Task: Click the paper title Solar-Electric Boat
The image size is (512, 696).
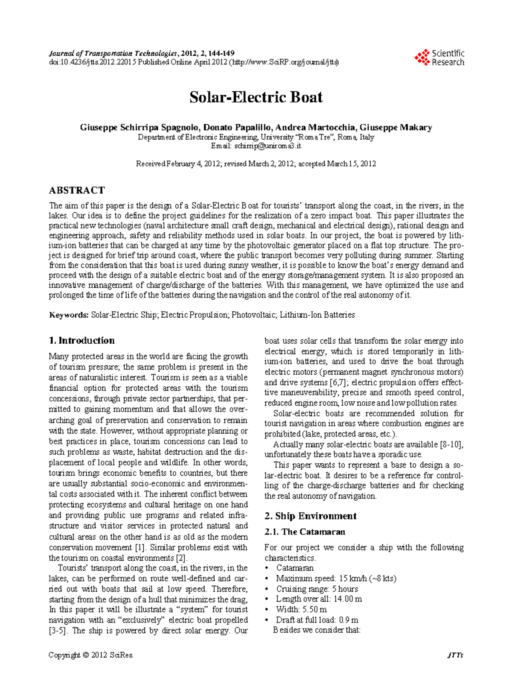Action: coord(256,97)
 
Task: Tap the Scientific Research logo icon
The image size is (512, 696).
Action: coord(422,58)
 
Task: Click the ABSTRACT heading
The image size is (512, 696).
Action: coord(77,190)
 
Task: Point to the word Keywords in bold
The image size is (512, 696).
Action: coord(69,315)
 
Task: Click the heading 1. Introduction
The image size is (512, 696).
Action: coord(82,340)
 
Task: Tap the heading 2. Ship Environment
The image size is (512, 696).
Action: coord(310,516)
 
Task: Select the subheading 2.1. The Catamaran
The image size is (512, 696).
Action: coord(305,532)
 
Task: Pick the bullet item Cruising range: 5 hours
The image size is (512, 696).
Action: coord(317,589)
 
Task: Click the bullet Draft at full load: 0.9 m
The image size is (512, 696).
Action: coord(317,620)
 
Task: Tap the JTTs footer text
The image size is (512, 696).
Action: coord(455,655)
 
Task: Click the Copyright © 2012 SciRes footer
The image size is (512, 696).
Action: coord(91,655)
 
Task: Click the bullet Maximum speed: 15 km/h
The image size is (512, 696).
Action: coord(336,579)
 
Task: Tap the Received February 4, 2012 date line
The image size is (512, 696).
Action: coord(256,164)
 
